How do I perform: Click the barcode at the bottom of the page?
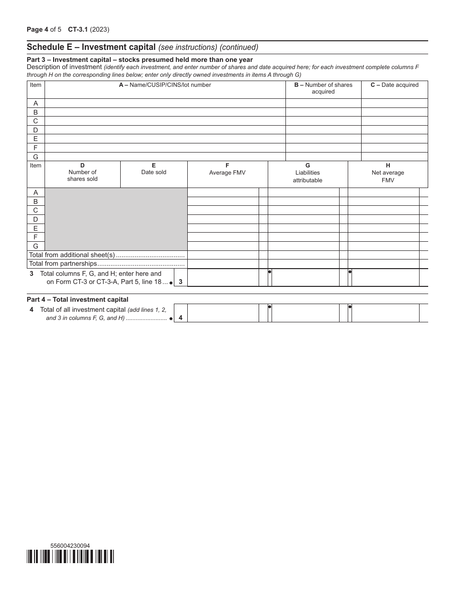tap(70, 556)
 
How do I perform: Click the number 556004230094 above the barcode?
tap(70, 545)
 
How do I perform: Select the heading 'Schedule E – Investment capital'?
tap(91, 47)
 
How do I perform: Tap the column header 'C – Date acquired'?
tap(394, 85)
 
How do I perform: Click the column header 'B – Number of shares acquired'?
tap(323, 88)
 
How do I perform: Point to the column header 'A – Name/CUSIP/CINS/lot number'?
tap(165, 85)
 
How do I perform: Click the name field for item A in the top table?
tap(165, 103)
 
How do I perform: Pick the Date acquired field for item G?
tap(394, 157)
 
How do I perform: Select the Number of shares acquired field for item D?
tap(323, 130)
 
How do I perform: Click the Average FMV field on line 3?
tap(223, 278)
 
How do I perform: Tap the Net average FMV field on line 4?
tap(386, 313)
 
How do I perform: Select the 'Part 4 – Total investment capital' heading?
tap(78, 299)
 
